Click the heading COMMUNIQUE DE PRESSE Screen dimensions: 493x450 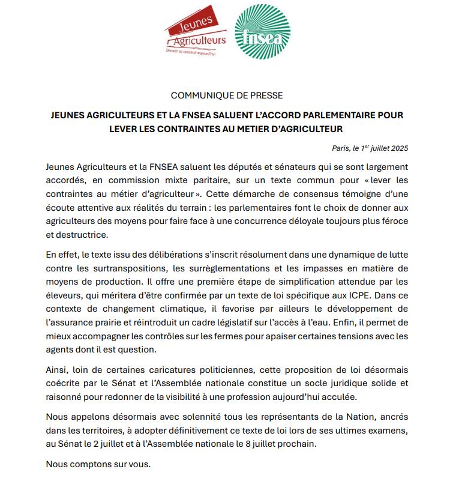click(x=226, y=95)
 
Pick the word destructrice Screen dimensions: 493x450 click(x=76, y=234)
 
